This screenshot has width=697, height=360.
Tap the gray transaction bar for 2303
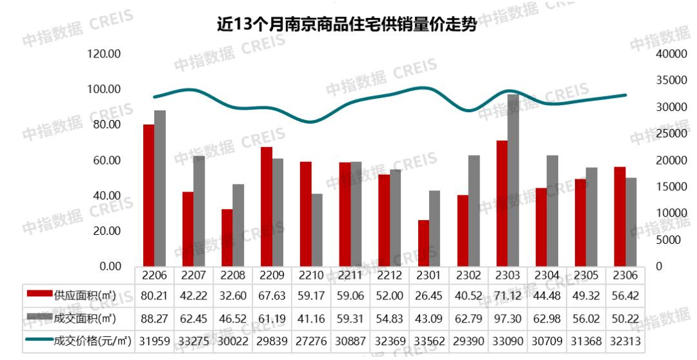513,180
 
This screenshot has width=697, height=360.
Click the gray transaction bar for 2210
317,230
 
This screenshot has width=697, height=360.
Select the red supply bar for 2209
266,206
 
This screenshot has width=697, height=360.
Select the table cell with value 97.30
507,318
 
